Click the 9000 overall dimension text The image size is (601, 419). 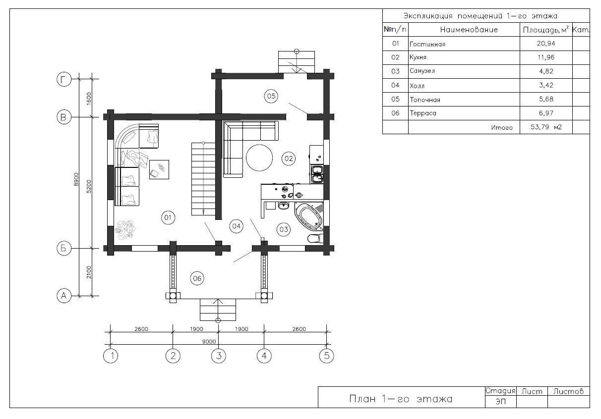(x=209, y=342)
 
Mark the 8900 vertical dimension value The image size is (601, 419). (x=76, y=179)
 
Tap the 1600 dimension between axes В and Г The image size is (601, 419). (x=89, y=99)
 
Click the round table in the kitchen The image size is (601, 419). (x=259, y=158)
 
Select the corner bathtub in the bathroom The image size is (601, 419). (x=309, y=216)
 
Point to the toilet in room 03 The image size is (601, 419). (x=315, y=238)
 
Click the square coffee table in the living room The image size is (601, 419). (x=159, y=169)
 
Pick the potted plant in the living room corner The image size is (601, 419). (x=125, y=230)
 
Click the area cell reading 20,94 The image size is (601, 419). (x=546, y=44)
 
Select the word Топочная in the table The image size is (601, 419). (x=425, y=100)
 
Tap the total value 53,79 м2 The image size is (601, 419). (x=546, y=127)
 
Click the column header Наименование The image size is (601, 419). (x=469, y=30)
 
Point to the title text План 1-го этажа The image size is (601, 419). (x=401, y=399)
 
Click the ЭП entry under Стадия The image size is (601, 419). (x=500, y=402)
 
